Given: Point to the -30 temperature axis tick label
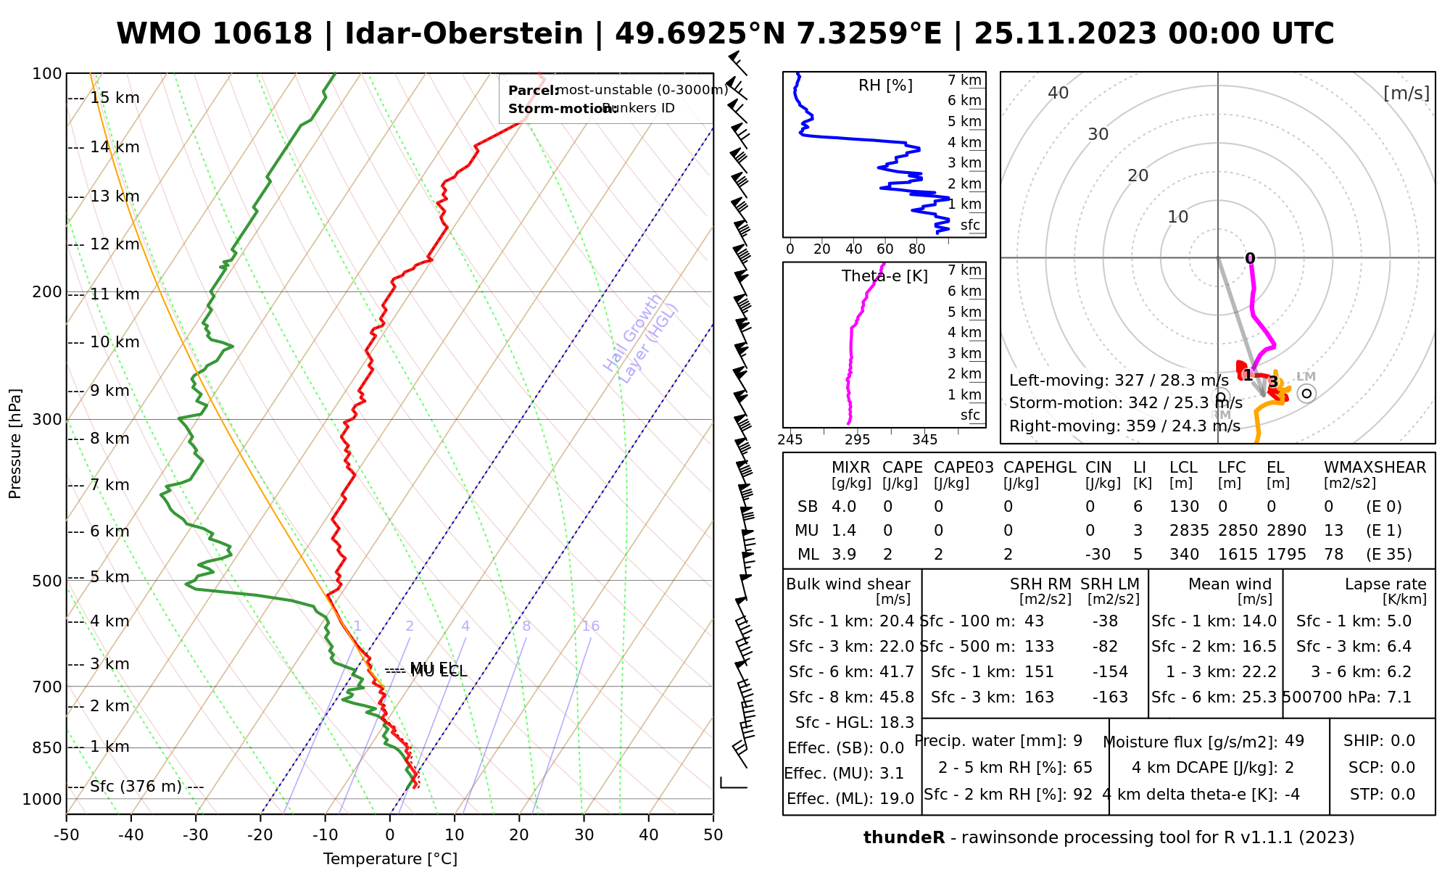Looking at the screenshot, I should (196, 835).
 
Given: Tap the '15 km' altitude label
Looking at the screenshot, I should (115, 98).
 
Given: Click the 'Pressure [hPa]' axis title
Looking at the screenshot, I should (14, 444).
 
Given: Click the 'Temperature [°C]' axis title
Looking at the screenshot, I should (390, 859).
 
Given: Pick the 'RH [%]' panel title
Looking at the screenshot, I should (885, 86).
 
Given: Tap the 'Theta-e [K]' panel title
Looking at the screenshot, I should (884, 276).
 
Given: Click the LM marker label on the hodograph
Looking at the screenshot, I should (1306, 376).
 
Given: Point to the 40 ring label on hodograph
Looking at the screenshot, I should (1058, 93).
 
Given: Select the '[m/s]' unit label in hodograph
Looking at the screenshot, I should (1406, 93).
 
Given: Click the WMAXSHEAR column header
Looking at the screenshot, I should (1375, 468).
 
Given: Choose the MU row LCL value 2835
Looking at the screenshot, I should (1189, 531).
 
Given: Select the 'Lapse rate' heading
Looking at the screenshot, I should (1385, 584).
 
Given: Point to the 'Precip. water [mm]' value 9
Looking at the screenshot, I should (1077, 741).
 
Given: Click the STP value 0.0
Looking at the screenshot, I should (1402, 795).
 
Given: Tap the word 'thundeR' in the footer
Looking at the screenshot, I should (904, 838).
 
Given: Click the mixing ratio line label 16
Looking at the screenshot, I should (590, 626).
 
